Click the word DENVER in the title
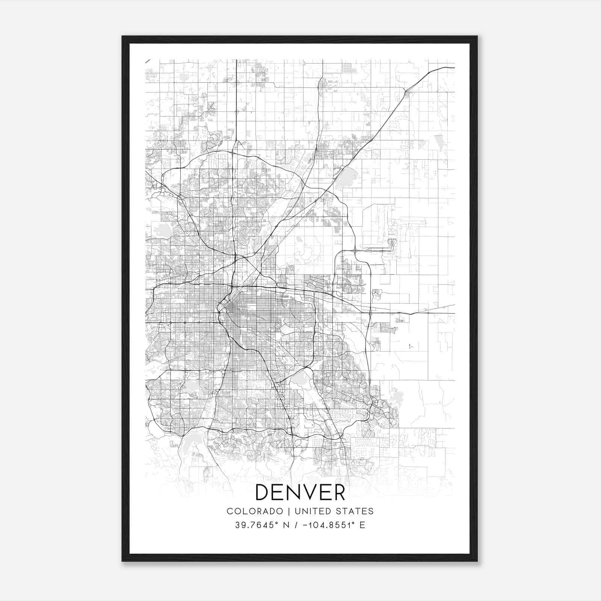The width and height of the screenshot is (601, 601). coord(300,492)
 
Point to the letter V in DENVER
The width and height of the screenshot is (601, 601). coord(308,492)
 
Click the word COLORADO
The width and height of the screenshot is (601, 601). coord(255,511)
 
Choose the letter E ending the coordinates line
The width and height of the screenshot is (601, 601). coord(362,525)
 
